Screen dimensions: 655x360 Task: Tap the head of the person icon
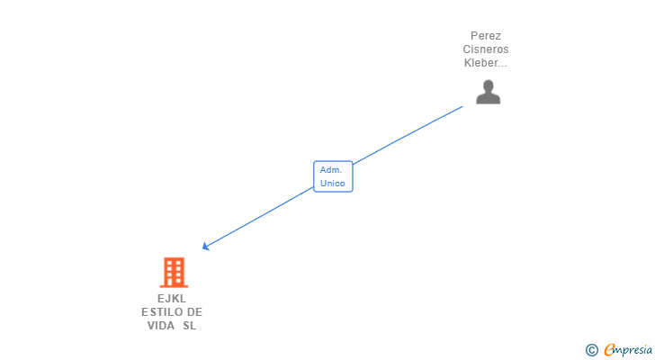coord(488,85)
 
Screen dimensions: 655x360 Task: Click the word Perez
coord(486,36)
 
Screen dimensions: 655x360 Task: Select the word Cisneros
coord(486,49)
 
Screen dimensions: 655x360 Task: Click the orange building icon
coord(174,272)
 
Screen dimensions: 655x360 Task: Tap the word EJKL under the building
coord(172,299)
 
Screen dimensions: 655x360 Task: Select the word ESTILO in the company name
coord(159,312)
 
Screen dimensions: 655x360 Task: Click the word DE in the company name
coord(194,312)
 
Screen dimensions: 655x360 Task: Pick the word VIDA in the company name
coord(162,326)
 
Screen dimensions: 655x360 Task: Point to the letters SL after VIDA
coord(189,326)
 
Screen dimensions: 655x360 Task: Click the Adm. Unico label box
coord(333,175)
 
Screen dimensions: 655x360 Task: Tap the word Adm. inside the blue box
coord(330,169)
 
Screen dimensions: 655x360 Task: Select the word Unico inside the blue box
coord(332,183)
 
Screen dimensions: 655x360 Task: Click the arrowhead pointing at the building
coord(206,246)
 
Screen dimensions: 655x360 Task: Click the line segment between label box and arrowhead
coord(261,215)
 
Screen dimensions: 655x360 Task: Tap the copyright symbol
coord(591,350)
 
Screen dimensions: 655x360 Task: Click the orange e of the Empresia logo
coord(609,350)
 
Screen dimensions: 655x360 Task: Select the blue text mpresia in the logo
coord(634,350)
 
